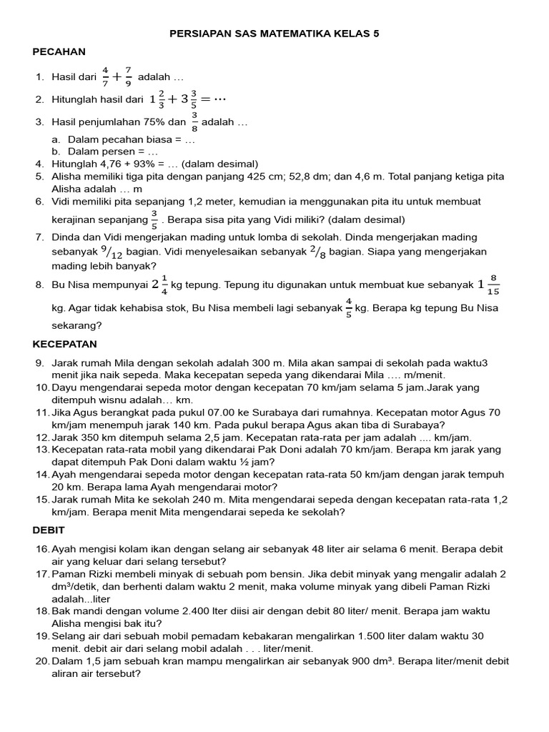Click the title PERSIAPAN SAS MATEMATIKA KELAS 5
[274, 34]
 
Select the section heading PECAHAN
[59, 51]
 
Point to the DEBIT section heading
[49, 530]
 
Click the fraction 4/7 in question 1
[105, 76]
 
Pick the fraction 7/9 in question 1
[128, 76]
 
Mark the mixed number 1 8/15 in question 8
[488, 285]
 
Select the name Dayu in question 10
[65, 388]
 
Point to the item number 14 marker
[42, 475]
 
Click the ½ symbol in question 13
[249, 462]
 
